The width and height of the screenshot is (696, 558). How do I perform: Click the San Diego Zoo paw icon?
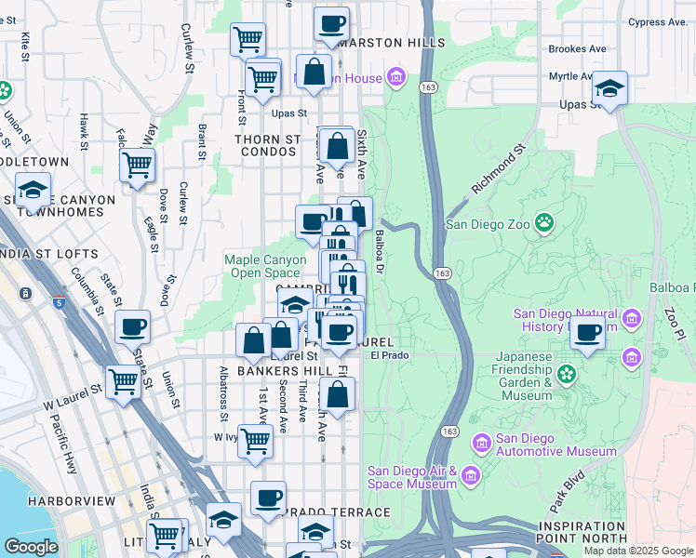point(543,223)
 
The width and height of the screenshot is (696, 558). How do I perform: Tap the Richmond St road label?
point(499,168)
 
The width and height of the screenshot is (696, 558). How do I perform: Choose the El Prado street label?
point(390,354)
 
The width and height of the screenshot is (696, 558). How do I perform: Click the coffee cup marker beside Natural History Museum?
point(587,332)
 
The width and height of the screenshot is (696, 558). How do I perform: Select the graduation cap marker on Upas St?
point(609,88)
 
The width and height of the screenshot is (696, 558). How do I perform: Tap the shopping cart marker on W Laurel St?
point(123,380)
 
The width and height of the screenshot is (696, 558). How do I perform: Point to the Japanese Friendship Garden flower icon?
point(565,375)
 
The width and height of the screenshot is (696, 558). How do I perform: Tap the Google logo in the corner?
point(30,547)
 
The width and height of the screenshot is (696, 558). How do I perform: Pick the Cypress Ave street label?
point(657,21)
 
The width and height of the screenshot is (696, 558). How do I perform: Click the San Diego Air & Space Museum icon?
point(471,477)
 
